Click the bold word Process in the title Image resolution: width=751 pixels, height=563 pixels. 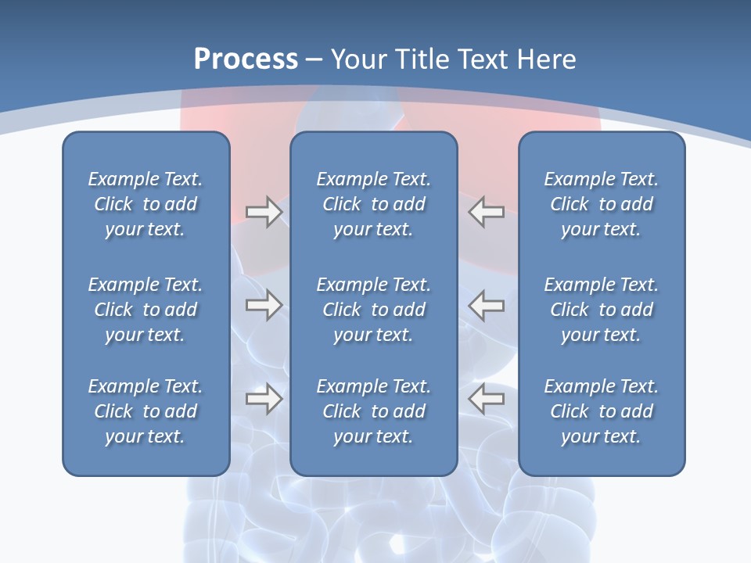[246, 59]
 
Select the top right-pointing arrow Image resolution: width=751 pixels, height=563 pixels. [264, 212]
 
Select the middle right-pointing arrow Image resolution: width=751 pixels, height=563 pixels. [264, 305]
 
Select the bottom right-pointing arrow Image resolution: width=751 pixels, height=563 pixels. [264, 399]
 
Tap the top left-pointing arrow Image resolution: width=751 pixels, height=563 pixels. [486, 212]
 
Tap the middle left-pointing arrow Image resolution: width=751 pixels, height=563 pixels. [486, 305]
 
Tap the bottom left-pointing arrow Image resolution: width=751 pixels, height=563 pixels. [486, 399]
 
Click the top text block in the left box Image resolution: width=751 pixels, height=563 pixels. [146, 204]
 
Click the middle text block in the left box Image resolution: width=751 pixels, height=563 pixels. [146, 310]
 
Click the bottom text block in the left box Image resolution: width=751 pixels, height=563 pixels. [146, 411]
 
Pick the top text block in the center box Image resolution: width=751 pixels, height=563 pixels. [373, 204]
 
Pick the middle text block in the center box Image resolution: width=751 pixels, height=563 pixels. [373, 310]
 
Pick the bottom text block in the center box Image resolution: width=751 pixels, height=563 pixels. [373, 411]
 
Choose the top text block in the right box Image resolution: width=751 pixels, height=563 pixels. [601, 204]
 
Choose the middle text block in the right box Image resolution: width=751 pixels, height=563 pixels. [601, 310]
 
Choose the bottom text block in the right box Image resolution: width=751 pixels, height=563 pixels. [601, 411]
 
